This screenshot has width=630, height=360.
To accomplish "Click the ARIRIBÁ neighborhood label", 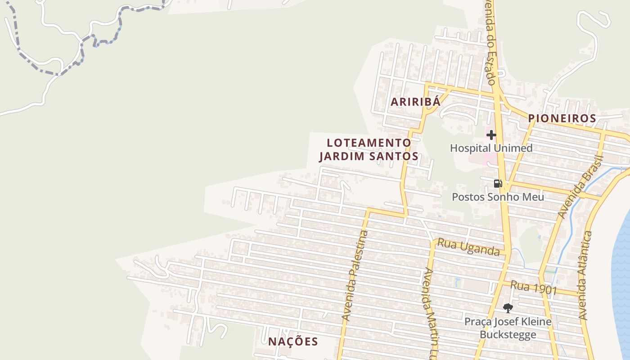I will [415, 102].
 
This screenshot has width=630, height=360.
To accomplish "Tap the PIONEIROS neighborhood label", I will [562, 118].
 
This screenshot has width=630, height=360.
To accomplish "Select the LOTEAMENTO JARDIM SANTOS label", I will [369, 149].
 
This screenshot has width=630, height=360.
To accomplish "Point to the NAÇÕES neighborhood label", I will [293, 342].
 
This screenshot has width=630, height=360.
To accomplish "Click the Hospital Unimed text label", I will [491, 148].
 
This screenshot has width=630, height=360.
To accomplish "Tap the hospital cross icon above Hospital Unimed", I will [491, 135].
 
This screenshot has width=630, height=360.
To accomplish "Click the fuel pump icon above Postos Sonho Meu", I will [498, 183].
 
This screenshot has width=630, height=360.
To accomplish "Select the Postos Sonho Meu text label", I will [498, 197].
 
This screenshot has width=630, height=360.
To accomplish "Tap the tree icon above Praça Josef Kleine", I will [508, 308].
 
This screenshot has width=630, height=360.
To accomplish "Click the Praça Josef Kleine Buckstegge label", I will [508, 328].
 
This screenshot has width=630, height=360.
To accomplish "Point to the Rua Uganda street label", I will [468, 247].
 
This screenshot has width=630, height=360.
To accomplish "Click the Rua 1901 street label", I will [534, 288].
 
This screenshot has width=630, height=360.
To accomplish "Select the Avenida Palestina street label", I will [355, 275].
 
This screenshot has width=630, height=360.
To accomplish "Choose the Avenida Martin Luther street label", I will [431, 310].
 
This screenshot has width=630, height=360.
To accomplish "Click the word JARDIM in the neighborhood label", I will [345, 157].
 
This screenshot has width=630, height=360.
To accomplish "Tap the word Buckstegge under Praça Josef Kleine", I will [508, 335].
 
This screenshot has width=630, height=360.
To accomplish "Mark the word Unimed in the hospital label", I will [513, 148].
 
